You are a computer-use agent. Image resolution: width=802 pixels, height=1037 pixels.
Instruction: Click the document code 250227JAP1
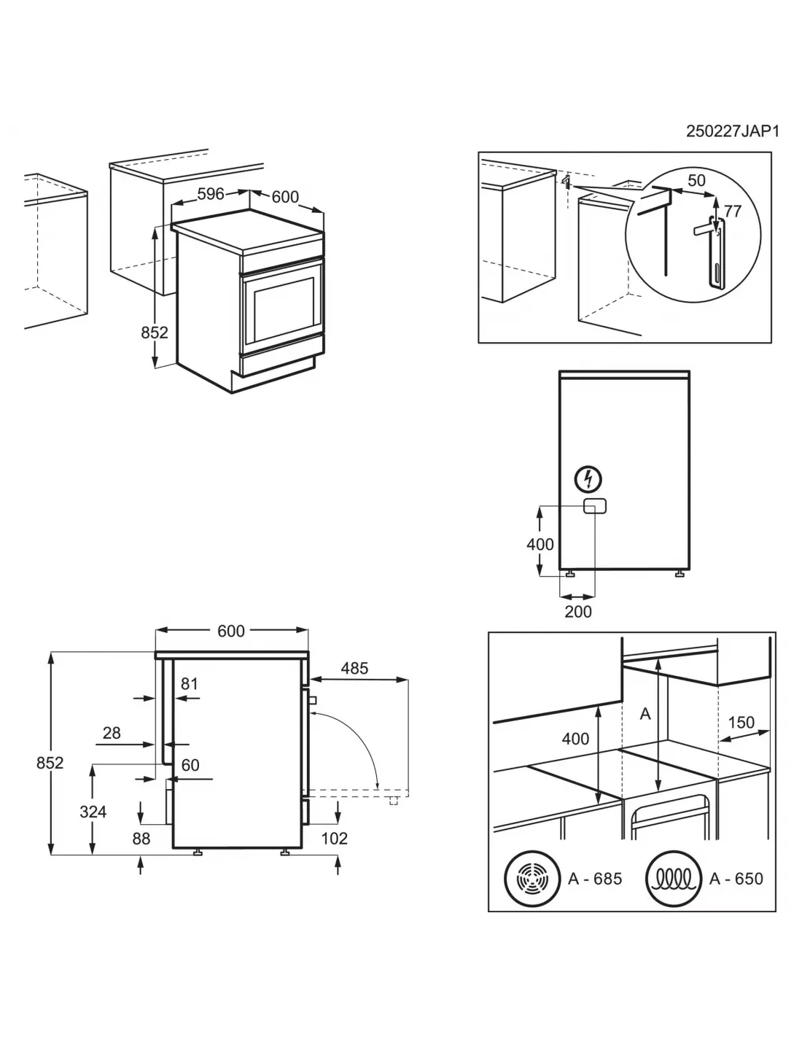pos(733,131)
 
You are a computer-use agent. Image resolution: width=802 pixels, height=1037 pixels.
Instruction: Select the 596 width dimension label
pos(211,194)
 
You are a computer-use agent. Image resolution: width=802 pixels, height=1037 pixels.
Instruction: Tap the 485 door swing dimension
pos(354,667)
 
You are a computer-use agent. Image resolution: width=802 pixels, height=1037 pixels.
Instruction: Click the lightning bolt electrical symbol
pos(588,479)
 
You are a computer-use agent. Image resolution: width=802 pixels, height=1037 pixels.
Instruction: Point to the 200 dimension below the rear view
pos(578,611)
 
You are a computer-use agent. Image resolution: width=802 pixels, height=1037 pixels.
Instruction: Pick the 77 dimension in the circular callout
pos(732,211)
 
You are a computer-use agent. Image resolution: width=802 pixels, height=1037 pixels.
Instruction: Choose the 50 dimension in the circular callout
pos(696,179)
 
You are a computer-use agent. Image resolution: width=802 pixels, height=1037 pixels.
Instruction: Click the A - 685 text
pos(595,879)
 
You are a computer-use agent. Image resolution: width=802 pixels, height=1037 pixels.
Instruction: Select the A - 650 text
pos(736,879)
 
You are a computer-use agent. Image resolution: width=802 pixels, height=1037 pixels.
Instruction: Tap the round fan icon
pos(530,878)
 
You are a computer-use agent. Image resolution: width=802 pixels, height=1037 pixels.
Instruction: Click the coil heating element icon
pos(671,878)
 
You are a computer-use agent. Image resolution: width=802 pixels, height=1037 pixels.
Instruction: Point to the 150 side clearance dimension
pos(741,722)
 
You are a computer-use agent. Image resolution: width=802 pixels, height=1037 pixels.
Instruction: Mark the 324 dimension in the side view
pos(93,811)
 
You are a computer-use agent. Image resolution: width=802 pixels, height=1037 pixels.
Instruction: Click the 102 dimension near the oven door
pos(335,839)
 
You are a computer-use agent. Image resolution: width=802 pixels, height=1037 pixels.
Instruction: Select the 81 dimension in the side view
pos(190,683)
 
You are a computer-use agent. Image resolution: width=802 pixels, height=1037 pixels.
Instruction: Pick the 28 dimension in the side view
pos(112,732)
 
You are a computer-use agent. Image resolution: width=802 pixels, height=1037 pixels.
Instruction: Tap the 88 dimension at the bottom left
pos(141,839)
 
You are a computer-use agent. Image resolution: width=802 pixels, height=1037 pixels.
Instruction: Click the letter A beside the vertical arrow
pos(645,715)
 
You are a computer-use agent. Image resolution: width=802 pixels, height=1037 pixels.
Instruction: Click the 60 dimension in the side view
pos(190,765)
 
